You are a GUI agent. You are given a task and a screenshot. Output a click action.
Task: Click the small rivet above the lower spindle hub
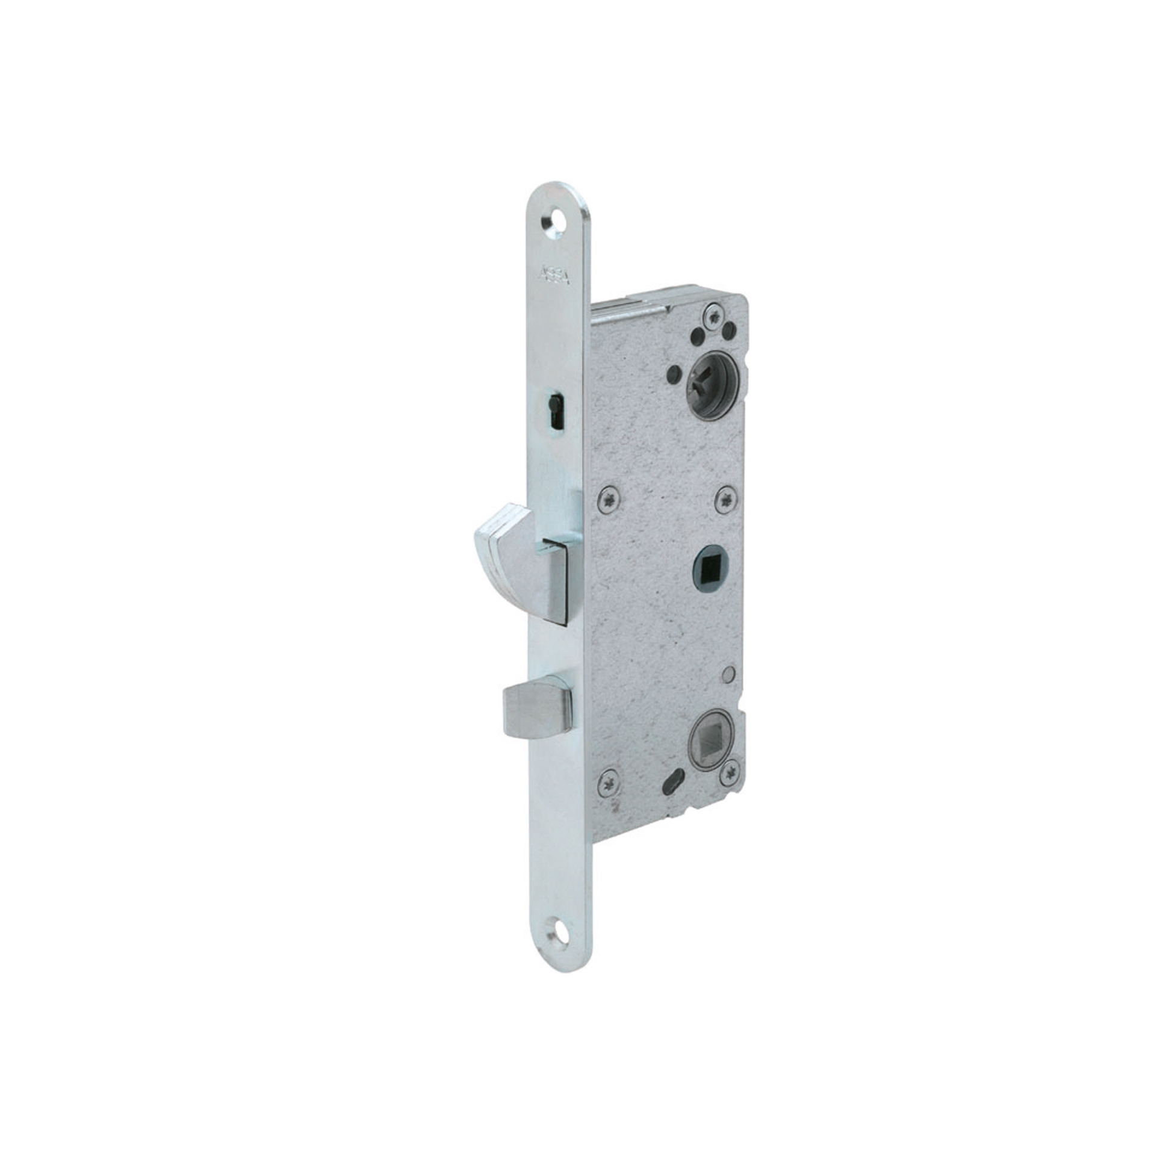(729, 675)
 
